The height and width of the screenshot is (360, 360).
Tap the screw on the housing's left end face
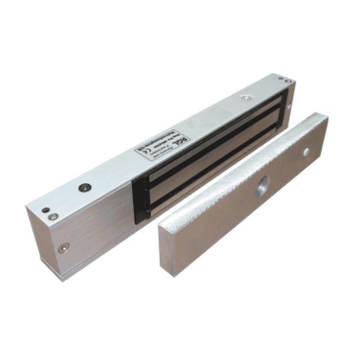coord(65,246)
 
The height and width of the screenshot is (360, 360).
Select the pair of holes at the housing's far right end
coord(287,82)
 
